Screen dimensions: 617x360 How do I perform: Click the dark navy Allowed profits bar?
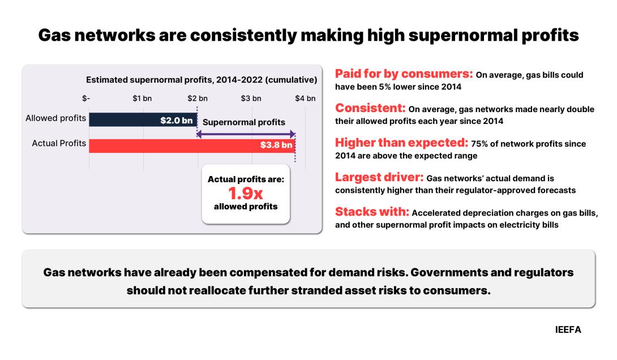coord(143,119)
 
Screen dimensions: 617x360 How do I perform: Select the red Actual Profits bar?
coord(192,145)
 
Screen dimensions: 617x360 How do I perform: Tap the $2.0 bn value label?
coord(176,121)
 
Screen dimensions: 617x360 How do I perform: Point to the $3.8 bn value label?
coord(276,145)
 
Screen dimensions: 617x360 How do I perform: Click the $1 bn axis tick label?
coord(142,98)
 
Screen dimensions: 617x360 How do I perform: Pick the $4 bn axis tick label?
coord(305,98)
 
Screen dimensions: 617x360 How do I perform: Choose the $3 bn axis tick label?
coord(251,98)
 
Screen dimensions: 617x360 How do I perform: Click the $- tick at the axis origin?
coord(86,98)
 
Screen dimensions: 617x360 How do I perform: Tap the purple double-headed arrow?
coord(246,134)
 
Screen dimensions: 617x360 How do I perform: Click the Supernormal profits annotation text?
coord(244,122)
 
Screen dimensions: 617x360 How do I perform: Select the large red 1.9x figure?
coord(246,193)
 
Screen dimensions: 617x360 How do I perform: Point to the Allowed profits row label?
coord(56,118)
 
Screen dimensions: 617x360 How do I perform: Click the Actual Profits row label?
coord(59,143)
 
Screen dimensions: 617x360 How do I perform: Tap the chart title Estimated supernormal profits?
coord(202,80)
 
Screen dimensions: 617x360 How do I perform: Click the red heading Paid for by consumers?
coord(404,74)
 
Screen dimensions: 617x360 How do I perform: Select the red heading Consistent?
coord(370,108)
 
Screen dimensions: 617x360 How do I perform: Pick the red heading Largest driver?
coord(379,177)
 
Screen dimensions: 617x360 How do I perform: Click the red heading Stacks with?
coord(372,212)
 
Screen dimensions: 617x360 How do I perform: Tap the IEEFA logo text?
coord(568,329)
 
